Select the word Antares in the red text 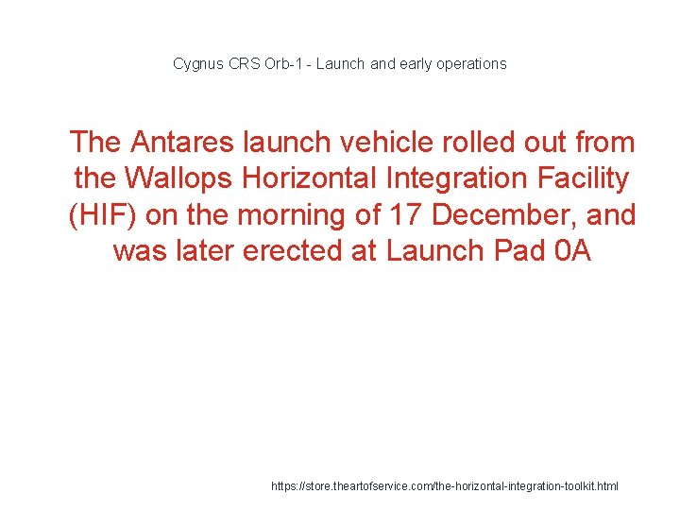coord(183,143)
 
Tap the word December coord(500,215)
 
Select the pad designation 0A coord(569,251)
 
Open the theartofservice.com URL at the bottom coord(445,486)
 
